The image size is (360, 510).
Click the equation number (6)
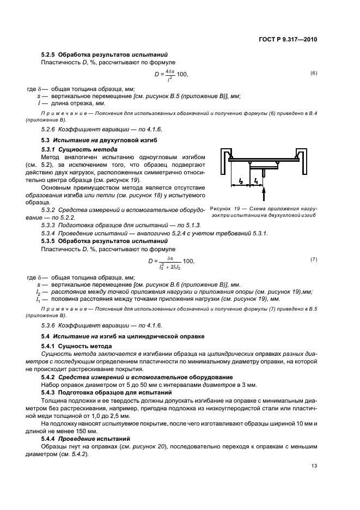point(313,73)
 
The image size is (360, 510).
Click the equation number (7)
point(313,259)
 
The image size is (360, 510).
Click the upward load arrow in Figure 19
point(264,193)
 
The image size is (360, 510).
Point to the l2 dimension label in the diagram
point(240,180)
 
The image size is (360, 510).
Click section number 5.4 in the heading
point(46,336)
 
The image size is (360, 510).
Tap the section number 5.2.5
point(50,54)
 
